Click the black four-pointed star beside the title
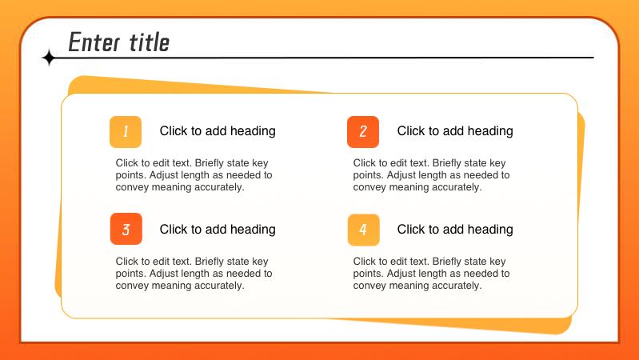49,58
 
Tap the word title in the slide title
150,42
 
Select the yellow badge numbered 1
126,132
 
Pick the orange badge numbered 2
363,132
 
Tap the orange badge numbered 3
126,229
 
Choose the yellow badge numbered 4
364,230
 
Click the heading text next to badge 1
218,131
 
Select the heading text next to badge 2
455,131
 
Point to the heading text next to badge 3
218,229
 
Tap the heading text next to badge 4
455,229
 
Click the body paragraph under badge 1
194,175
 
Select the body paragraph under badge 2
432,175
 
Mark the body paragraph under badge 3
194,273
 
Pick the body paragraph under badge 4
432,273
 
